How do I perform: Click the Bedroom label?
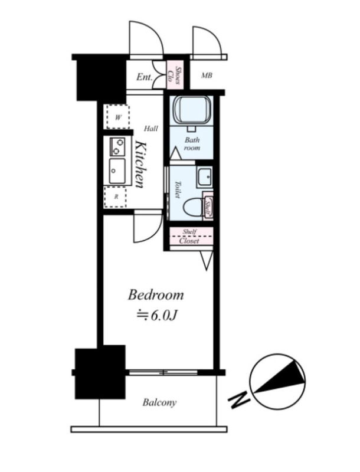tap(156, 296)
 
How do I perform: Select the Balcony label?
tap(159, 402)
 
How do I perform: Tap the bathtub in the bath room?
tap(191, 110)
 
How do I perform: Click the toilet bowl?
tap(192, 207)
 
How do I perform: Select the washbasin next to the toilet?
tap(205, 177)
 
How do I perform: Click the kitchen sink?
tap(117, 171)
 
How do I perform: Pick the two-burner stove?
tap(117, 146)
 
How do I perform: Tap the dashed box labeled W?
tap(117, 117)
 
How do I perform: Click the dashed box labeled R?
tap(116, 197)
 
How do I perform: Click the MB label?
tap(207, 76)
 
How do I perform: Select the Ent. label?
tap(145, 77)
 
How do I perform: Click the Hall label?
tap(151, 129)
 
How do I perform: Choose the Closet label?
tap(189, 241)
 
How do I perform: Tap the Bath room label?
tap(192, 143)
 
